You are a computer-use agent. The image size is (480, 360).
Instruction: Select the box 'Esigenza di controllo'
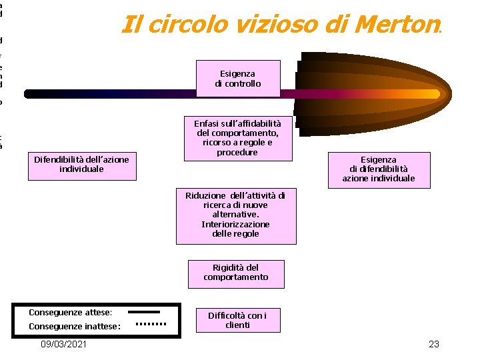(237, 79)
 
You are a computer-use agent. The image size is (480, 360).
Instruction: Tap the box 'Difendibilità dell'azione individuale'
(82, 164)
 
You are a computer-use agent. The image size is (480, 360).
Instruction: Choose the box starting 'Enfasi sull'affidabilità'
(237, 138)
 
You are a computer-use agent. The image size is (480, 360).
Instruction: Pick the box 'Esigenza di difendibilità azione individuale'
(378, 169)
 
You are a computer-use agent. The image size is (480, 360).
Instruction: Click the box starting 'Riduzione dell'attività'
(235, 215)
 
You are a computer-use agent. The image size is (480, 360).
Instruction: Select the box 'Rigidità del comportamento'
(236, 273)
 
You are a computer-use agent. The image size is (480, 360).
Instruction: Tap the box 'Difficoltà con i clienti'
(237, 320)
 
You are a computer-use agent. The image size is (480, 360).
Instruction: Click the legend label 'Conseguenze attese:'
(71, 312)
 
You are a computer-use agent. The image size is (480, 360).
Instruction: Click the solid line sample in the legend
(143, 311)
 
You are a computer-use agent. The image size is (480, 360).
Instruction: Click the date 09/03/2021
(63, 344)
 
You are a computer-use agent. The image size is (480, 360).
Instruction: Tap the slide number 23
(434, 344)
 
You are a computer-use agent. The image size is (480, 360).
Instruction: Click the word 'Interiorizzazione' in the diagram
(235, 224)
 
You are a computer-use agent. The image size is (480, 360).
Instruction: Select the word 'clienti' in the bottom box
(237, 325)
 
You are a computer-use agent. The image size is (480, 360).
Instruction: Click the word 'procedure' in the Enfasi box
(237, 152)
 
